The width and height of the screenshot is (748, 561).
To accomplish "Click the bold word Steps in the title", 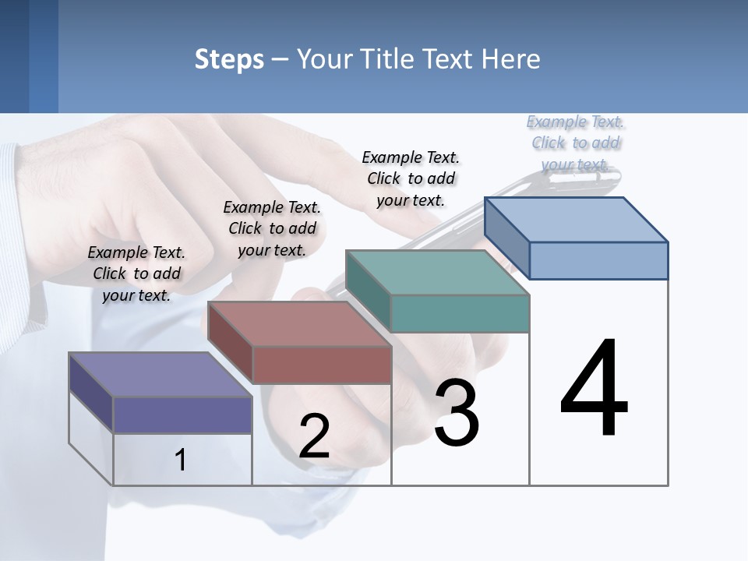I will click(229, 59).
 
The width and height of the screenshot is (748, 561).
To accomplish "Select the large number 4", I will click(594, 389).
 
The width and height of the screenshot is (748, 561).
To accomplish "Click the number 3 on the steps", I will click(457, 413).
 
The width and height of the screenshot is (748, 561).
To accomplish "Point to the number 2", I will click(314, 436).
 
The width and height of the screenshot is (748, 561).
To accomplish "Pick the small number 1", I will click(180, 460).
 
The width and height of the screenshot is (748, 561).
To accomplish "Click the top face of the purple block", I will click(160, 375).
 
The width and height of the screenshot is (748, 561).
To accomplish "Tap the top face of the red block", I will click(299, 324).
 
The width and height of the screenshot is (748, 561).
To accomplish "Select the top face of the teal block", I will click(437, 273).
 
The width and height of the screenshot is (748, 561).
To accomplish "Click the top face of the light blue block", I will click(577, 220).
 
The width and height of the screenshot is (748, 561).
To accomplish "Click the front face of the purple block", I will click(182, 415).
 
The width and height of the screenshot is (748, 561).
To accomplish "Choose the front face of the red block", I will click(322, 365).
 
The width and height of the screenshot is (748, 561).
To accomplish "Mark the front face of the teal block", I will click(460, 313).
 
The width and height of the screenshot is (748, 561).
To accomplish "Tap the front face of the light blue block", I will click(598, 260).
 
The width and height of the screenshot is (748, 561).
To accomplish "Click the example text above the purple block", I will click(136, 273).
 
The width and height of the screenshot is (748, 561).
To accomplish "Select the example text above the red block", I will click(272, 228).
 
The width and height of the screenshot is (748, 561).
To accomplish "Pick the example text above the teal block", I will click(411, 178).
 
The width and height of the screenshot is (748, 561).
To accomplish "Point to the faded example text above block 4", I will click(575, 143).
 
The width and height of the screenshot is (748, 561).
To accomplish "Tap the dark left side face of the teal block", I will click(368, 291).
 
